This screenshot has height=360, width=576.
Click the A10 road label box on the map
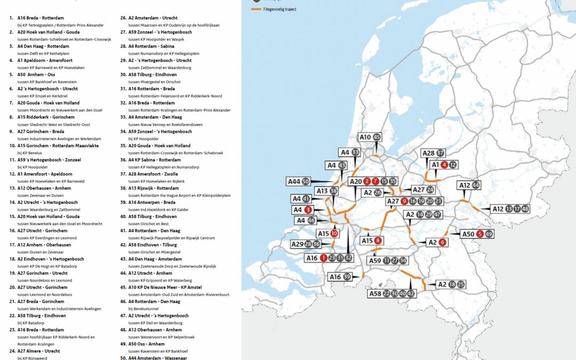pyautogui.click(x=365, y=138)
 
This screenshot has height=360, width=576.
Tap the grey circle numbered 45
pyautogui.click(x=377, y=138)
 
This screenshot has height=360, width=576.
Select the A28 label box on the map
pyautogui.click(x=428, y=153)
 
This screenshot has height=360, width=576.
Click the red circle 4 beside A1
pyautogui.click(x=444, y=165)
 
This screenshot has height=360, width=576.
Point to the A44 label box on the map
pyautogui.click(x=294, y=181)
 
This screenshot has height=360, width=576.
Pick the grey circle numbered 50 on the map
pyautogui.click(x=306, y=181)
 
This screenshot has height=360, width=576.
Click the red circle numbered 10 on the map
pyautogui.click(x=334, y=234)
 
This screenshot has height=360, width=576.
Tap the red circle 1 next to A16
pyautogui.click(x=323, y=258)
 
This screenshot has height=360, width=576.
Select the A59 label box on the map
pyautogui.click(x=375, y=260)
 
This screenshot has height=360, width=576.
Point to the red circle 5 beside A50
pyautogui.click(x=480, y=234)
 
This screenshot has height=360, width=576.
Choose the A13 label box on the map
pyautogui.click(x=322, y=191)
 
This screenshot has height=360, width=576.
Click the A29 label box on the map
pyautogui.click(x=297, y=244)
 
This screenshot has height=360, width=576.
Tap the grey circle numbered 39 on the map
pyautogui.click(x=347, y=276)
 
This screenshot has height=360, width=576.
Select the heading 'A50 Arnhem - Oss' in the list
pyautogui.click(x=40, y=75)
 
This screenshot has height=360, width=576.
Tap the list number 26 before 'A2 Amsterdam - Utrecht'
pyautogui.click(x=123, y=18)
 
